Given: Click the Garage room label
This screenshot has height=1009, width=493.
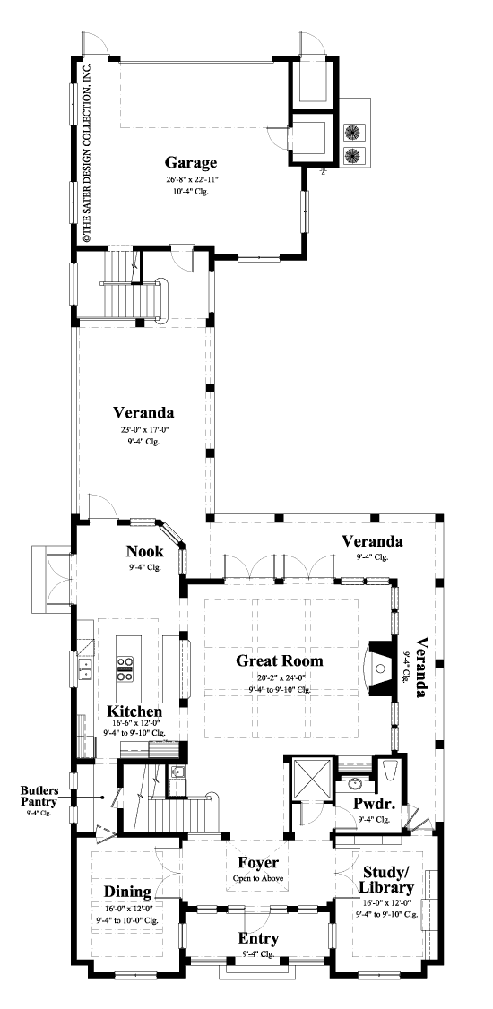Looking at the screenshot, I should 190,162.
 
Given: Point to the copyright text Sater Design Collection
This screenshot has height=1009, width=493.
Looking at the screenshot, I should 88,152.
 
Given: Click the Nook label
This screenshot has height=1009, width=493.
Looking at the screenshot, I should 143,551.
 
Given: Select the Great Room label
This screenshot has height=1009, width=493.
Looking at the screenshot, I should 279,661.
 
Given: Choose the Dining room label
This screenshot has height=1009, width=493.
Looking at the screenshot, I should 125,893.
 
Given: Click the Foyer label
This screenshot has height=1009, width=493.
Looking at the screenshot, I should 255,863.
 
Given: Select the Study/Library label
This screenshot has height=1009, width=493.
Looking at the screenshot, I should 387,879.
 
